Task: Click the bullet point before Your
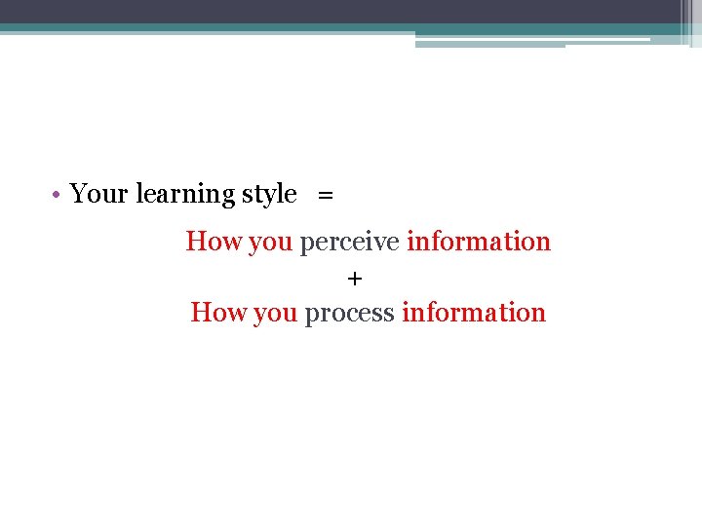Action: tap(59, 194)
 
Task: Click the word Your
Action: tap(98, 194)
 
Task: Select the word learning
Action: tap(185, 195)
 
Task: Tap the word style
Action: tap(268, 195)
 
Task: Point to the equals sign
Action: tap(325, 195)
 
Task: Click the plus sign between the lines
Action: tap(354, 280)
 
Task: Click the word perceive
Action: tap(349, 242)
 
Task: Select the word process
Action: tap(349, 313)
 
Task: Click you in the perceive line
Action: tap(270, 242)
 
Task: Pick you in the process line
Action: tap(275, 313)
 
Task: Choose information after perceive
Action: tap(479, 241)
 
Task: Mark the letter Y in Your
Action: tap(78, 194)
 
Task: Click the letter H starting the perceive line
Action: tap(195, 241)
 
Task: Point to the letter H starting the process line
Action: tap(200, 312)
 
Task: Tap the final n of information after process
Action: tap(539, 313)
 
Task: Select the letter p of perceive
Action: tap(306, 243)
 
